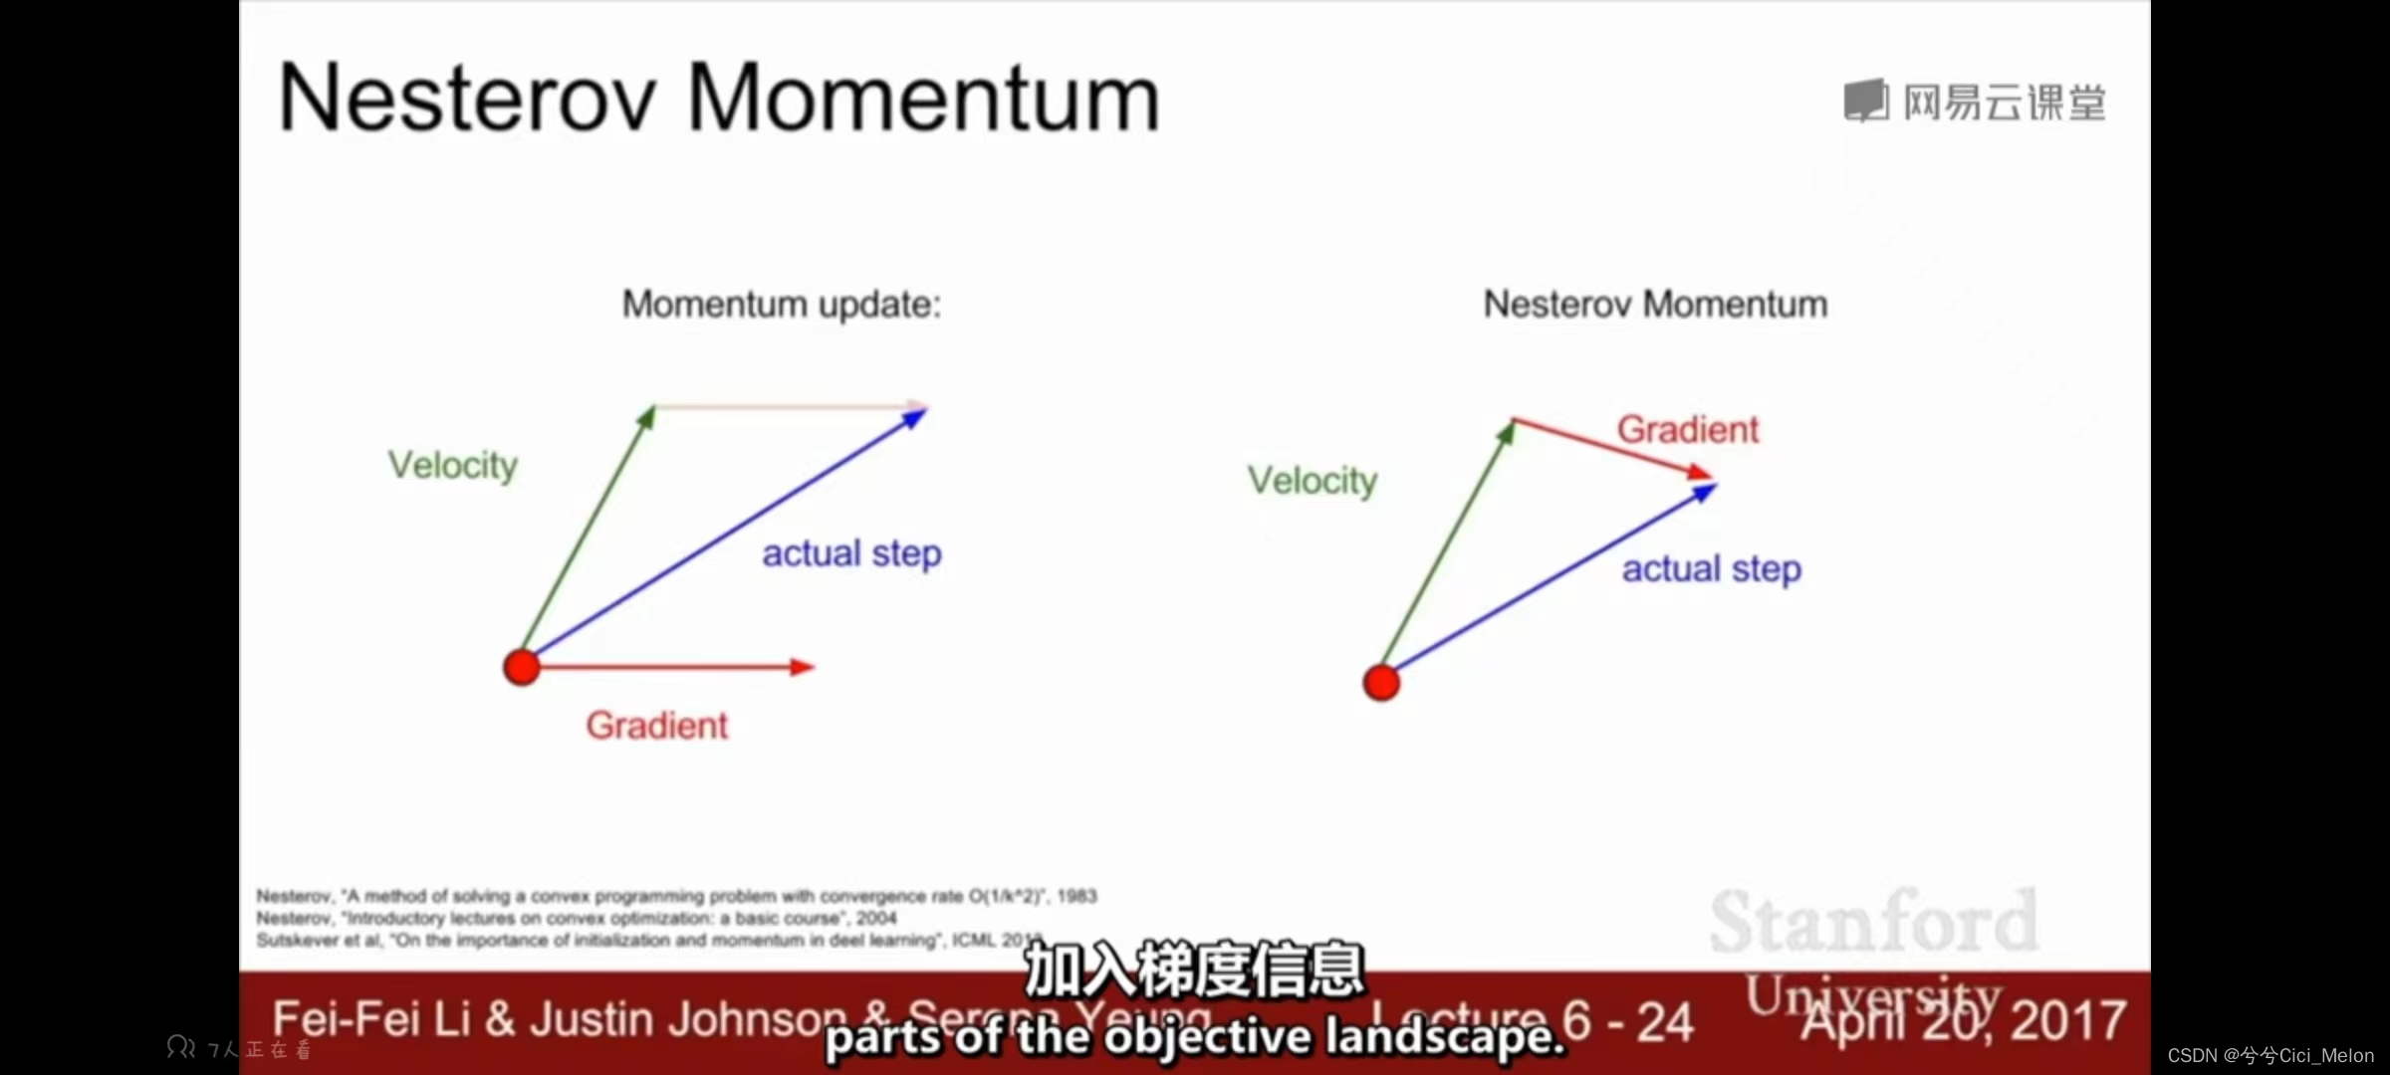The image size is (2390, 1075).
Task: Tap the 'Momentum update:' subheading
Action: pyautogui.click(x=782, y=304)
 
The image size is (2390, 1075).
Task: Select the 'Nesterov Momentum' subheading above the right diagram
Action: pyautogui.click(x=1655, y=304)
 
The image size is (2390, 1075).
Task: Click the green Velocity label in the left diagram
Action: pyautogui.click(x=453, y=465)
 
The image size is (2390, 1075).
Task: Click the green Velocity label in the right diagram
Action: pyautogui.click(x=1313, y=481)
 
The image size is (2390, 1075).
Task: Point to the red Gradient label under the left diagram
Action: pyautogui.click(x=657, y=726)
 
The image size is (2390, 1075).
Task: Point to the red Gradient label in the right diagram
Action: pyautogui.click(x=1688, y=430)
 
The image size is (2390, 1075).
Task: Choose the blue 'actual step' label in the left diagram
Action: pyautogui.click(x=851, y=553)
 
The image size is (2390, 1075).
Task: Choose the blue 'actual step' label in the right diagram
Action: pyautogui.click(x=1712, y=569)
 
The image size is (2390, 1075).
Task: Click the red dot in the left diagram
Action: pyautogui.click(x=522, y=667)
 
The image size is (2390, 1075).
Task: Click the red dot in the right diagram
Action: pyautogui.click(x=1381, y=683)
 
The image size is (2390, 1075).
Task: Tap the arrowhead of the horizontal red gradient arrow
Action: pyautogui.click(x=803, y=667)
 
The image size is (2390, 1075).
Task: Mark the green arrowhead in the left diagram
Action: pyautogui.click(x=647, y=416)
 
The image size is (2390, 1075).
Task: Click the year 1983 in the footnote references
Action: pyautogui.click(x=1076, y=896)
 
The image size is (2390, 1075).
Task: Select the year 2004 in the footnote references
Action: pyautogui.click(x=876, y=918)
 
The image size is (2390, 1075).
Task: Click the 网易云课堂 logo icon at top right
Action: pyautogui.click(x=1865, y=102)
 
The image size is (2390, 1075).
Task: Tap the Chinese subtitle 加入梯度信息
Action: pyautogui.click(x=1194, y=969)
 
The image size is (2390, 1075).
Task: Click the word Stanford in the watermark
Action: pyautogui.click(x=1874, y=922)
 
